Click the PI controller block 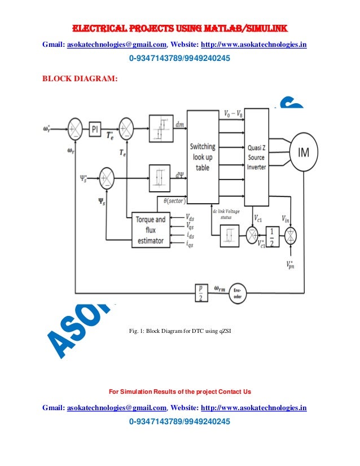point(95,130)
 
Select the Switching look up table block point(202,157)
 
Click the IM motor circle point(303,151)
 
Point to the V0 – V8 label point(233,114)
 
